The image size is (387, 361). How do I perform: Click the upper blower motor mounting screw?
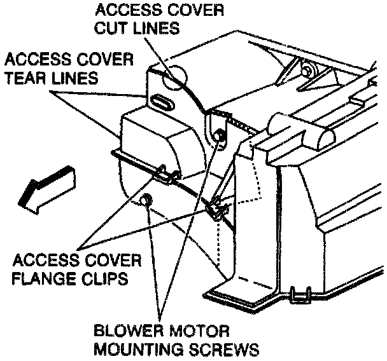(x=219, y=135)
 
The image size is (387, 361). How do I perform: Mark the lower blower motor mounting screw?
(x=145, y=201)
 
